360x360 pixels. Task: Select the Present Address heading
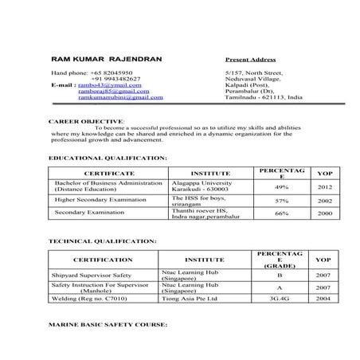pyautogui.click(x=250, y=60)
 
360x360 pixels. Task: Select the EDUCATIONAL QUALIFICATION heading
pyautogui.click(x=108, y=158)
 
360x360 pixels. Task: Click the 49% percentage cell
pyautogui.click(x=281, y=187)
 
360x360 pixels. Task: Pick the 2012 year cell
pyautogui.click(x=324, y=187)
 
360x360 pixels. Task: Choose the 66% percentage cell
pyautogui.click(x=281, y=213)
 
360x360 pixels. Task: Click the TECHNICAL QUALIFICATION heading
pyautogui.click(x=102, y=240)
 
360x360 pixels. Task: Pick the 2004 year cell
pyautogui.click(x=323, y=299)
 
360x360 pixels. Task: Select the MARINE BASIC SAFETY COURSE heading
pyautogui.click(x=108, y=326)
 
